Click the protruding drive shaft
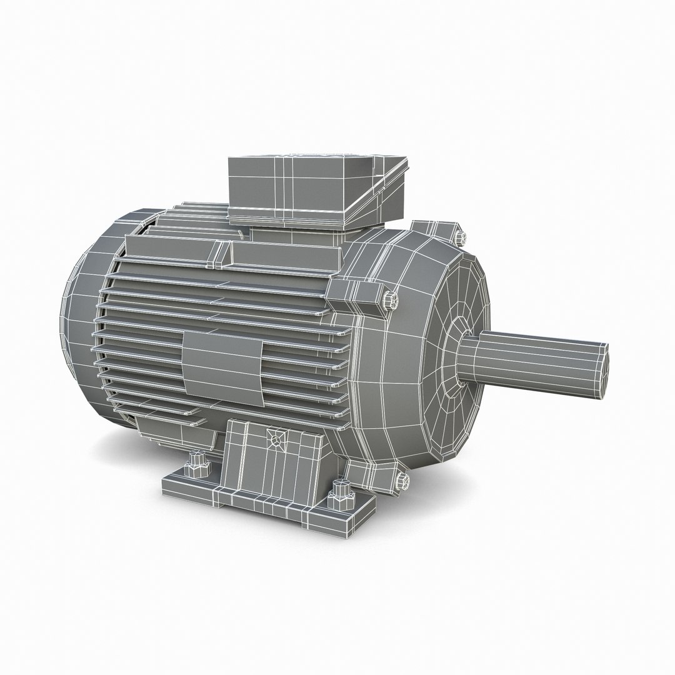click(537, 362)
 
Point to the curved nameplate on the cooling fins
click(222, 362)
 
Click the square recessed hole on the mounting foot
click(275, 439)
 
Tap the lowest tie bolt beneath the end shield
click(402, 481)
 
